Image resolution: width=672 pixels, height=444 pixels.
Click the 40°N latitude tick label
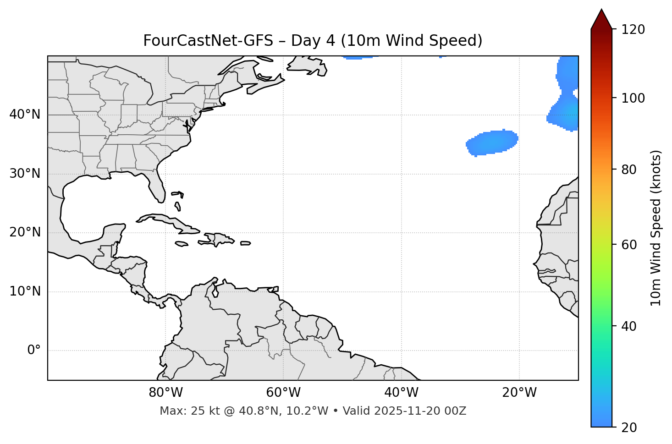pyautogui.click(x=25, y=115)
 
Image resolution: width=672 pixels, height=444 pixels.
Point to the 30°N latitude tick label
pyautogui.click(x=25, y=174)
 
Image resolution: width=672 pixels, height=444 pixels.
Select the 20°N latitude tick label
pyautogui.click(x=25, y=232)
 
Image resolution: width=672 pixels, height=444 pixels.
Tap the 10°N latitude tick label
pyautogui.click(x=25, y=291)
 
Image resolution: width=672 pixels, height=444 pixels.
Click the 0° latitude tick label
pyautogui.click(x=34, y=351)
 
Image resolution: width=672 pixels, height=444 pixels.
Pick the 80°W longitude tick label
pyautogui.click(x=165, y=393)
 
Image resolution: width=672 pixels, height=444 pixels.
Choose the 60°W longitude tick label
pyautogui.click(x=283, y=393)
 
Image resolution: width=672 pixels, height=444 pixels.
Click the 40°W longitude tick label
pyautogui.click(x=401, y=393)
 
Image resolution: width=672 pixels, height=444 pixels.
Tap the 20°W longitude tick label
pyautogui.click(x=519, y=393)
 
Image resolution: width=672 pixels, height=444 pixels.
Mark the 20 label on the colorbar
pyautogui.click(x=629, y=428)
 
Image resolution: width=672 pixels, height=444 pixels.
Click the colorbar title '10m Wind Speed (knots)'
pyautogui.click(x=656, y=228)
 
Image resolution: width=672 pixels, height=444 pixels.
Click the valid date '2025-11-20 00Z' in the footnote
pyautogui.click(x=420, y=411)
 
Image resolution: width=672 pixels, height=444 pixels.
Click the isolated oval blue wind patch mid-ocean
pyautogui.click(x=492, y=142)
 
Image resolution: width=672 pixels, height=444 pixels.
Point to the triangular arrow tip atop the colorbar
pyautogui.click(x=601, y=18)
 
